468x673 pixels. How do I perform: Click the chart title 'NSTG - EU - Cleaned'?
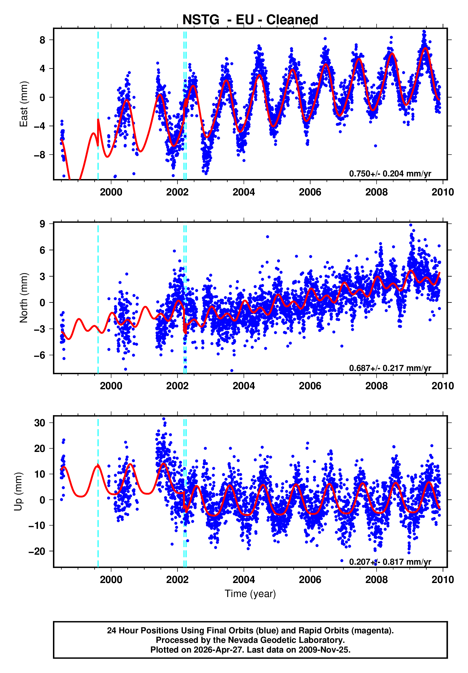250,20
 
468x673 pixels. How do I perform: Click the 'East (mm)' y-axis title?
24,104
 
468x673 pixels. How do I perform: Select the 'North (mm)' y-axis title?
24,298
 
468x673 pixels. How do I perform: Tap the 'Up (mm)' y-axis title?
18,492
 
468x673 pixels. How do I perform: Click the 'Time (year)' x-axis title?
250,593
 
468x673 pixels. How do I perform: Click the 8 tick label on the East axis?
43,40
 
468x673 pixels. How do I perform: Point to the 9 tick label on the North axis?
43,224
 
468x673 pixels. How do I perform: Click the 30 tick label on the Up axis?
40,423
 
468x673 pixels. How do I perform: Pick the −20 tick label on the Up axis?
37,551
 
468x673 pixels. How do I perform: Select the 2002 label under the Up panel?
177,579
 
